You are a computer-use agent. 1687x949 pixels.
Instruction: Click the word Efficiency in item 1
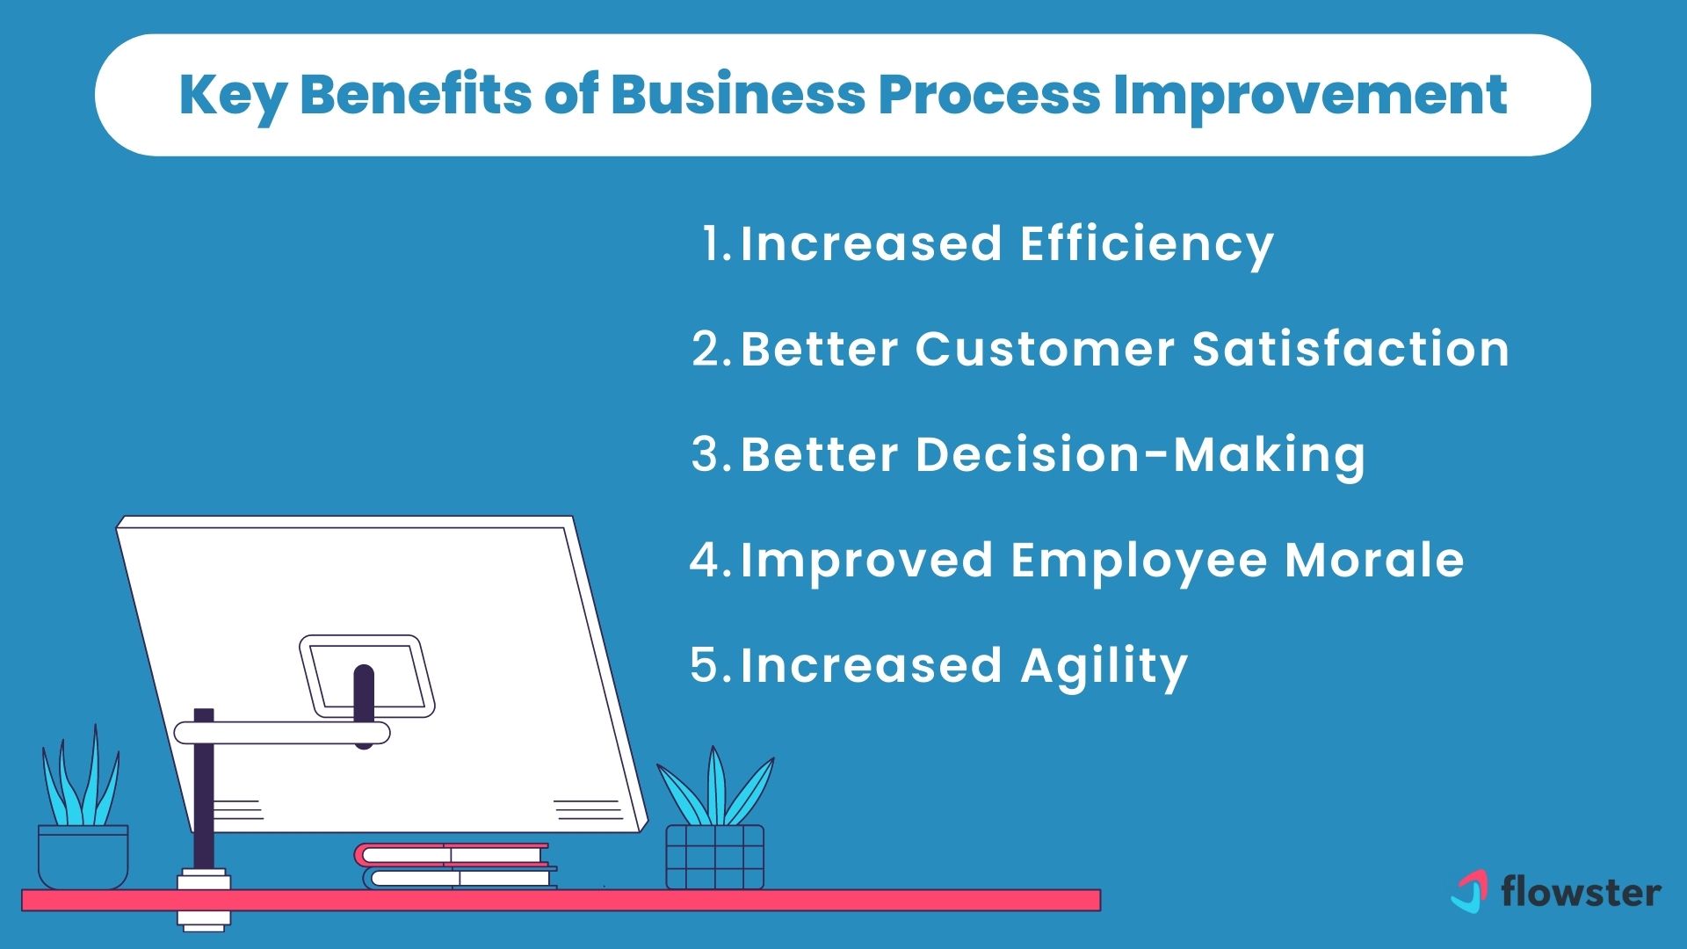(x=1147, y=244)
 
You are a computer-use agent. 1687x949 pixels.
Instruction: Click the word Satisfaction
(x=1350, y=349)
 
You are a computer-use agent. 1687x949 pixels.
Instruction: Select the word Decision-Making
(x=1053, y=455)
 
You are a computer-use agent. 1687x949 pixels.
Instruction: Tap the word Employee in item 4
(x=1139, y=560)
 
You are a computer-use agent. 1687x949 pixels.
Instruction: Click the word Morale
(x=1374, y=560)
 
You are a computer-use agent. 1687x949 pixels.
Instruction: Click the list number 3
(x=707, y=455)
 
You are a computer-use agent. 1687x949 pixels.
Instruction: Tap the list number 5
(x=706, y=665)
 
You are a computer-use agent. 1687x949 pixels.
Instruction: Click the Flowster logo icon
(x=1469, y=891)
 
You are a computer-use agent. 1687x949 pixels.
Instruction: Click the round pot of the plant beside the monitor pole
(x=83, y=856)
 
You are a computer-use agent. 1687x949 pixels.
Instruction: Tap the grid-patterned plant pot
(x=714, y=856)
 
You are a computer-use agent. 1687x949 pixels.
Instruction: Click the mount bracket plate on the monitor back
(x=367, y=675)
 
